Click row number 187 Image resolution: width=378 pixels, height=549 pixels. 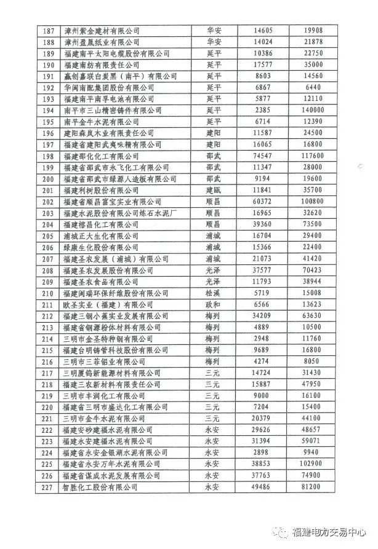(x=47, y=30)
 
